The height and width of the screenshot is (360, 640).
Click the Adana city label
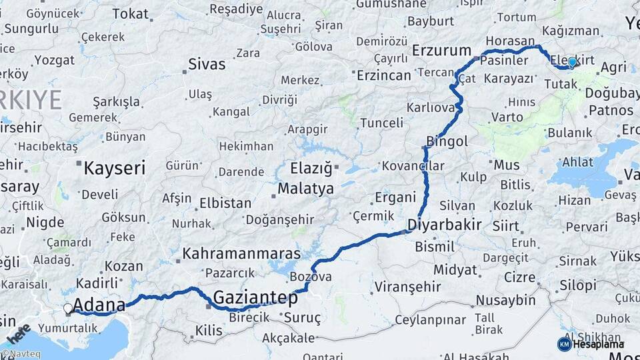point(99,306)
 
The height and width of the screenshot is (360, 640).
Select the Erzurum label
point(441,51)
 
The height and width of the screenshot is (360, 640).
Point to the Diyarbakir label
point(445,224)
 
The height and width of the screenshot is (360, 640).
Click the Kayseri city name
point(114,168)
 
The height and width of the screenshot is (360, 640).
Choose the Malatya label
point(305,189)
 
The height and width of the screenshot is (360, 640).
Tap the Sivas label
point(207,65)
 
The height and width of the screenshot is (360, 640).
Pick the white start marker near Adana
point(68,309)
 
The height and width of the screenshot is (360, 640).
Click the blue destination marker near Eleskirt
point(572,62)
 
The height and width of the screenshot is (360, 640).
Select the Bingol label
point(447,141)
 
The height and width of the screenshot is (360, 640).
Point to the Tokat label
point(131,13)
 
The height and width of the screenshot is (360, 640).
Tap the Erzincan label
point(384,75)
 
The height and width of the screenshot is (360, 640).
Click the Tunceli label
point(381,123)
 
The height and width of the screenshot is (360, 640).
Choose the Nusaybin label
point(506,301)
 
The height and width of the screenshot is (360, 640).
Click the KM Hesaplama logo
point(591,344)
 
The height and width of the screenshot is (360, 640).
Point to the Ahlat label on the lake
point(577,162)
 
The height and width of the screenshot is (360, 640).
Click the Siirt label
point(505,226)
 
